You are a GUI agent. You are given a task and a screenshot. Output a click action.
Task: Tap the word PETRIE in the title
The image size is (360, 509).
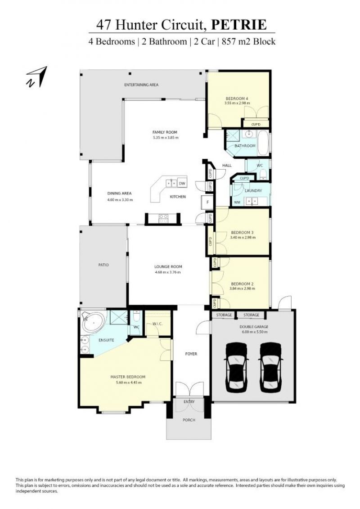[239, 25]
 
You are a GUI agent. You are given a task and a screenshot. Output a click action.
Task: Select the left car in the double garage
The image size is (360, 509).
[236, 366]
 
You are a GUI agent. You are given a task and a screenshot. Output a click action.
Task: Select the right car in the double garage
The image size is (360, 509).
[271, 366]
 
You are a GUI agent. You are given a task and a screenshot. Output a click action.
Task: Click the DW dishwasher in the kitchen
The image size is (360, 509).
[182, 184]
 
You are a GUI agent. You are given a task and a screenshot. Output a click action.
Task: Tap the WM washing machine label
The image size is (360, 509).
[237, 203]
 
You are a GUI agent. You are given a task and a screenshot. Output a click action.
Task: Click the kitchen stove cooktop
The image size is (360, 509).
[163, 218]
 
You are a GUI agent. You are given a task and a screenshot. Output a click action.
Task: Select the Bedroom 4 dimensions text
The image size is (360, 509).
[237, 103]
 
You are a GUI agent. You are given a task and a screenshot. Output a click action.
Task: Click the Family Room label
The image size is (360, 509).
[165, 132]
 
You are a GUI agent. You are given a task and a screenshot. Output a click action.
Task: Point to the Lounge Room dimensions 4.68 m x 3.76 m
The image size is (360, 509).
[168, 272]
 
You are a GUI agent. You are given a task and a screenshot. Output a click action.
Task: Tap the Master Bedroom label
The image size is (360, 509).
[128, 377]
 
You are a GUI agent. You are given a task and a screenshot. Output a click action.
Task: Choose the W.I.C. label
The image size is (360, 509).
[157, 324]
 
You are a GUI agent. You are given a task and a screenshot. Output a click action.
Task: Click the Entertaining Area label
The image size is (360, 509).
[141, 85]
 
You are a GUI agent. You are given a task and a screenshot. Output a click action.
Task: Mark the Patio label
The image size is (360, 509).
[103, 265]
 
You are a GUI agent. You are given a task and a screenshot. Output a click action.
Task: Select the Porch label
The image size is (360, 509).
[189, 420]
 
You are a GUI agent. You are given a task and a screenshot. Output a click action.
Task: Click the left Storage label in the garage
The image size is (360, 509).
[224, 315]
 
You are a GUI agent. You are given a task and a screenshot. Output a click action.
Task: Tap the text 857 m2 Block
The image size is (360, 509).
[248, 41]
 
